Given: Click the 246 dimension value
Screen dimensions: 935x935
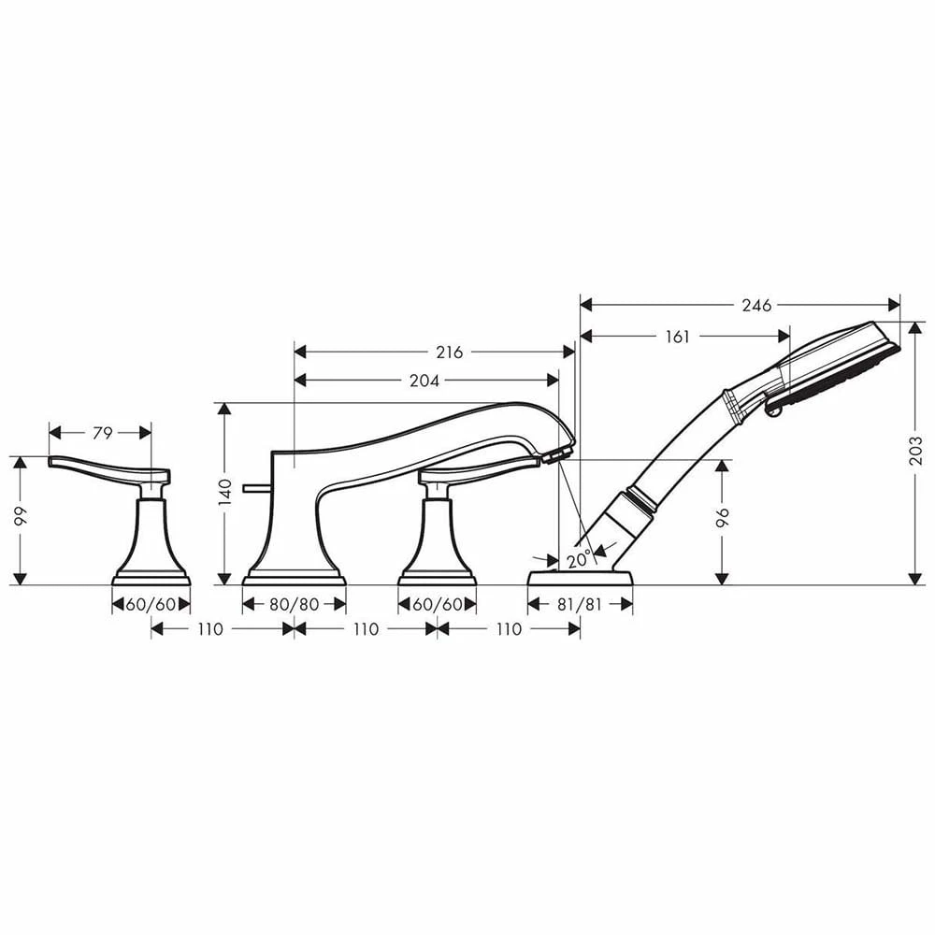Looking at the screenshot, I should click(756, 306).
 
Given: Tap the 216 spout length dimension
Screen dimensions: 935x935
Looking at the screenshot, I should click(450, 352).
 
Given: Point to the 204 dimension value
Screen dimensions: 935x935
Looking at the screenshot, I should click(426, 381).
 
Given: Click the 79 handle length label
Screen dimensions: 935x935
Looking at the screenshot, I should click(103, 433).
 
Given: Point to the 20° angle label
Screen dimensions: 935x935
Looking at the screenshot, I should click(579, 560).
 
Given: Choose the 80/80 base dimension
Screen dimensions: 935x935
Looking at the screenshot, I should click(294, 605).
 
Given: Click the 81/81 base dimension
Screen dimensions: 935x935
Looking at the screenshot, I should click(580, 605).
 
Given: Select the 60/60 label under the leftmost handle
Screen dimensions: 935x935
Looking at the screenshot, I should click(151, 605).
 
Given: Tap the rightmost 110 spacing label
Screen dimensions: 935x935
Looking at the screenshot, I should click(508, 629).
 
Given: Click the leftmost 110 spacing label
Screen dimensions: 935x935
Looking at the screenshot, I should click(211, 629).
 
